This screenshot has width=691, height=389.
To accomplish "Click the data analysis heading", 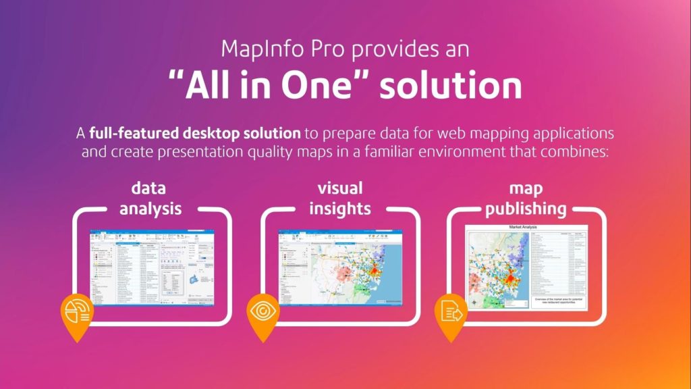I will click(150, 198).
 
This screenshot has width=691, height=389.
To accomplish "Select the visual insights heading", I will click(339, 198).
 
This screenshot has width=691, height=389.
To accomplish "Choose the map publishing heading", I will click(526, 198).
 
